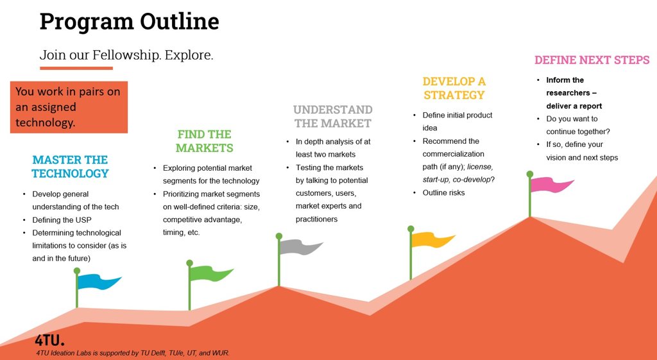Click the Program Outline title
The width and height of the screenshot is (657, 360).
point(129,22)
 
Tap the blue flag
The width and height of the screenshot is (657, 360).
point(98,281)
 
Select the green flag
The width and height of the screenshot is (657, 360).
point(210,273)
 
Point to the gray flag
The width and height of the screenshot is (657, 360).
point(300,247)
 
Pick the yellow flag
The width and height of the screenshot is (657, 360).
point(432,240)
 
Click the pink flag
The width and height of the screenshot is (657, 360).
point(551,185)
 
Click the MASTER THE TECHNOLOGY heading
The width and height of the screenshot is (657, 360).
point(70,166)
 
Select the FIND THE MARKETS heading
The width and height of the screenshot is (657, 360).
point(205,141)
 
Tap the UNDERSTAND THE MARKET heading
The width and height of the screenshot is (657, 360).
point(333,116)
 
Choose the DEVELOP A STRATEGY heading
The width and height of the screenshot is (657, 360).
point(454,88)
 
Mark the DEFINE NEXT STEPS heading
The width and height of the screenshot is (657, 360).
point(592,60)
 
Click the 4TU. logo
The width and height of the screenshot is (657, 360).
point(50,340)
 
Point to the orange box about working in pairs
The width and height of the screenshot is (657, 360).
point(69,107)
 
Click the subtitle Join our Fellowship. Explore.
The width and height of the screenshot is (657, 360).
point(126,55)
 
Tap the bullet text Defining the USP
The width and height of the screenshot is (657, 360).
point(62,219)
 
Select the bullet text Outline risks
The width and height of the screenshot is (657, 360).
point(444,193)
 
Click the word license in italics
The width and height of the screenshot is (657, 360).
point(480,167)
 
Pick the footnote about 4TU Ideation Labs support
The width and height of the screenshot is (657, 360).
point(133,353)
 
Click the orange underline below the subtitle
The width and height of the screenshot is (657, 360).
point(76,68)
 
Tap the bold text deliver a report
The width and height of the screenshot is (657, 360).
point(574,106)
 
